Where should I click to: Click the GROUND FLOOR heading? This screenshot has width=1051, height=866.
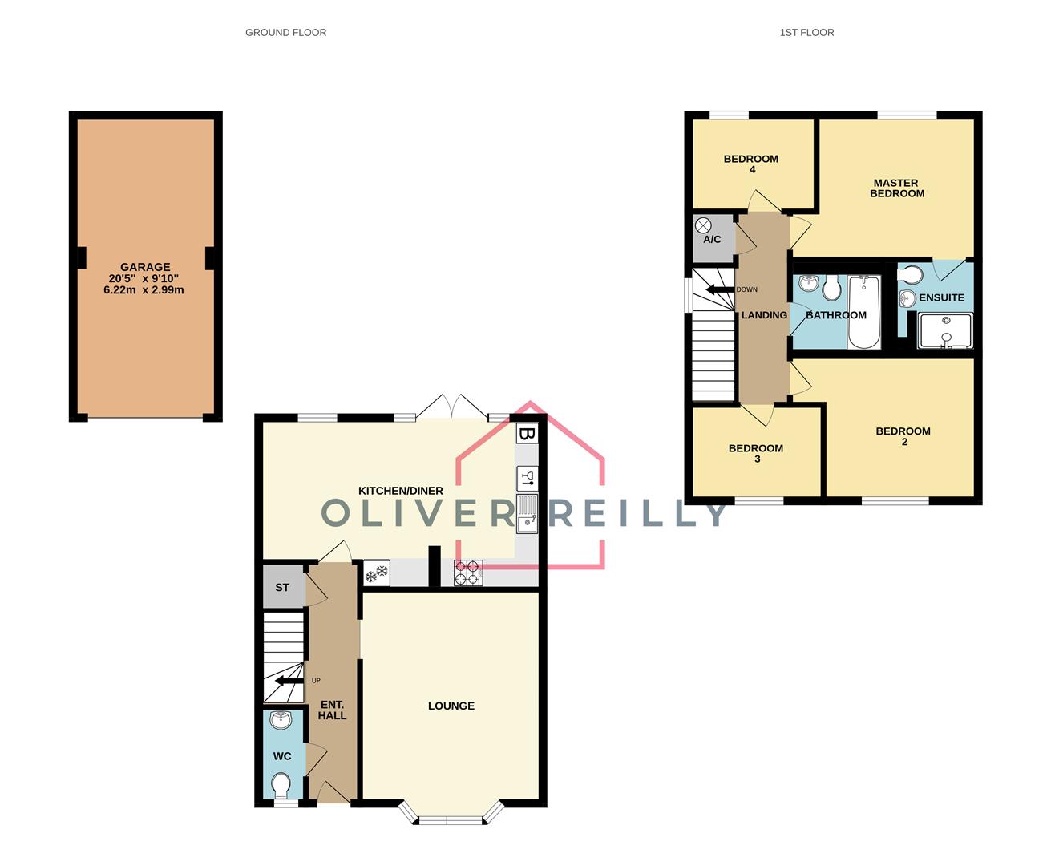(285, 33)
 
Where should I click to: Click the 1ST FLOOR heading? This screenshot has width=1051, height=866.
(806, 33)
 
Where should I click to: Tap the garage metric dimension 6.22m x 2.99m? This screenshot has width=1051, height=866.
(144, 289)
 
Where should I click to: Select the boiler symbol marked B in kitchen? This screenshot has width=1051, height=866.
(526, 435)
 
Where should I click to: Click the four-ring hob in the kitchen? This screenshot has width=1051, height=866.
(467, 573)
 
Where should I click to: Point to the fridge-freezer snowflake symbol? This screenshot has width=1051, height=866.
(376, 573)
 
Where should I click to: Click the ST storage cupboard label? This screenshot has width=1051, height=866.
(282, 588)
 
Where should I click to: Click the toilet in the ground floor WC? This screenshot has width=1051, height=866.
(281, 784)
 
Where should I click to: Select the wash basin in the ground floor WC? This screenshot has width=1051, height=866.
(281, 721)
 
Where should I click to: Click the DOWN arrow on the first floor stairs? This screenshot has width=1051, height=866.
(720, 290)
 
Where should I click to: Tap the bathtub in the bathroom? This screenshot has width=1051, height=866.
(863, 313)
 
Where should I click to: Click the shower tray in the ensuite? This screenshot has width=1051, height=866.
(946, 331)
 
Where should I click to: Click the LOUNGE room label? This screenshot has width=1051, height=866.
(451, 706)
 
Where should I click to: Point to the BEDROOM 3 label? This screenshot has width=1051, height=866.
(756, 453)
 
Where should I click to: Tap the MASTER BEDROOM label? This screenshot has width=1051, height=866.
(896, 188)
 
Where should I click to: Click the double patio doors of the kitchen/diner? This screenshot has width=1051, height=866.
(453, 407)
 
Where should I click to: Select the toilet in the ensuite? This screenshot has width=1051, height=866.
(910, 275)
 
